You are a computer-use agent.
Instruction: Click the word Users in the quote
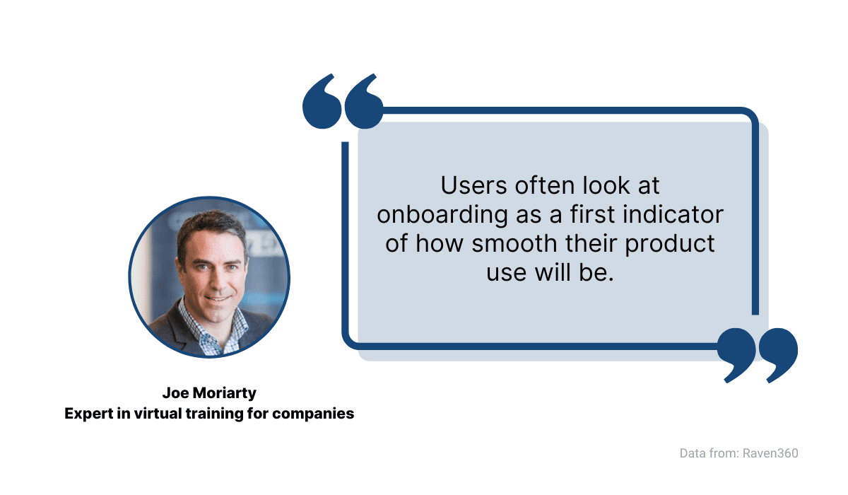tap(473, 185)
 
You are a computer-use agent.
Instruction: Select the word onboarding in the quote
tap(442, 215)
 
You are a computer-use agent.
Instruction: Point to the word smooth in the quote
tap(514, 243)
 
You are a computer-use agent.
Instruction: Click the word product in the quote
tap(670, 244)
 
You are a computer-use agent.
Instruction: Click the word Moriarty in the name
tap(225, 393)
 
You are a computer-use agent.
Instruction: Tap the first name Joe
tap(176, 393)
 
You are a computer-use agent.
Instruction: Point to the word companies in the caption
tap(313, 414)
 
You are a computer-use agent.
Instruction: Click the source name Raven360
tap(770, 453)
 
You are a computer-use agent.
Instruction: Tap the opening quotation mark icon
tap(343, 102)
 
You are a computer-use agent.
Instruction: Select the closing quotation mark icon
tap(757, 355)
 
